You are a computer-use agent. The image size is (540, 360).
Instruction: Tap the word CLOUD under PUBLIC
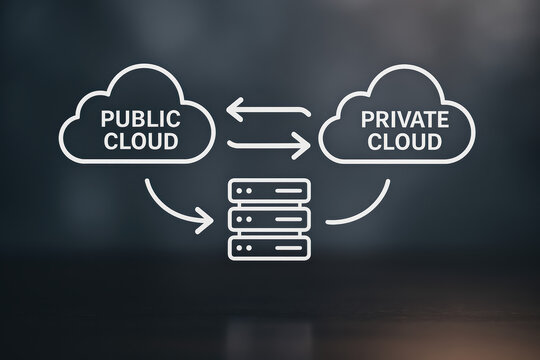pyautogui.click(x=139, y=141)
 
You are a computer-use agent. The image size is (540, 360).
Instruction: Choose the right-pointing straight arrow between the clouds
pyautogui.click(x=268, y=146)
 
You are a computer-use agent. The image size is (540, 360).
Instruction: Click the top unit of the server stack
pyautogui.click(x=269, y=190)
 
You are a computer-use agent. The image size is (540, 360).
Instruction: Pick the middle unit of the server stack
pyautogui.click(x=269, y=218)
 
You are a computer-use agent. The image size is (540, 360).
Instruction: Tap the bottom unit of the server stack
pyautogui.click(x=269, y=246)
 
